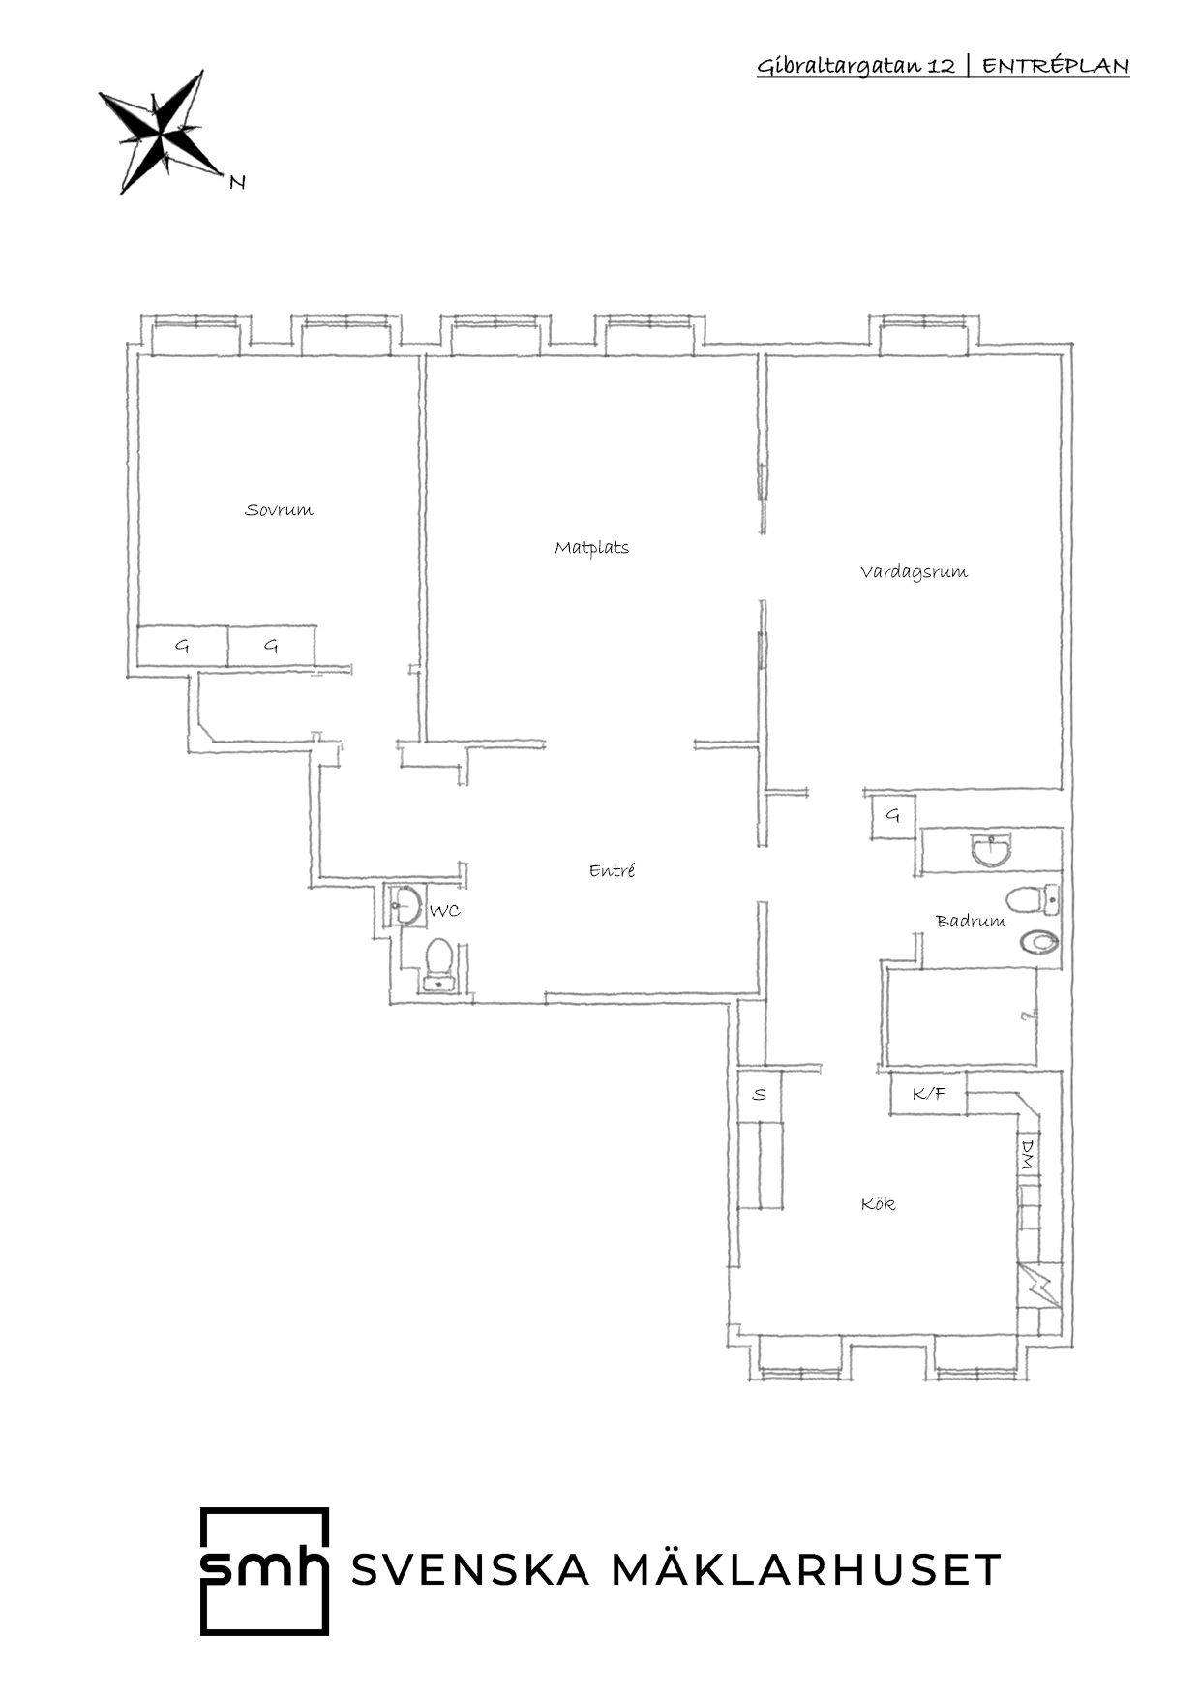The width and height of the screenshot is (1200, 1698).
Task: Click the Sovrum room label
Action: click(x=279, y=510)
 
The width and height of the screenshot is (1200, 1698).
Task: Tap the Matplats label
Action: click(x=591, y=548)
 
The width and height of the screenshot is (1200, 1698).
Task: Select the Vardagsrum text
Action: click(x=914, y=572)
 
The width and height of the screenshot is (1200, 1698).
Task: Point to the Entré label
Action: click(x=612, y=870)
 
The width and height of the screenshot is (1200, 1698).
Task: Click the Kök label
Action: click(x=878, y=1204)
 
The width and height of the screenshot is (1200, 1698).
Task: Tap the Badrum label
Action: click(x=971, y=921)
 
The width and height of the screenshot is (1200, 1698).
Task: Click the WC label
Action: click(x=444, y=911)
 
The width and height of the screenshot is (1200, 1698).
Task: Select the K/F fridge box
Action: click(x=928, y=1095)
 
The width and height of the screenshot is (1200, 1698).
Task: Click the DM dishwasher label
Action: click(x=1028, y=1154)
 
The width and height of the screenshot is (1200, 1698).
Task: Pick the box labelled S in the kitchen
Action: click(x=760, y=1095)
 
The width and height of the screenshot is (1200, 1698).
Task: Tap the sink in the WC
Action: click(x=404, y=906)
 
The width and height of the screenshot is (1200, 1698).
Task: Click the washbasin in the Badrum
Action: click(x=990, y=850)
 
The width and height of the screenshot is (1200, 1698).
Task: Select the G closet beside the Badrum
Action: click(x=892, y=816)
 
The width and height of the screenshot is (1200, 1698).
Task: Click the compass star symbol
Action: click(x=162, y=131)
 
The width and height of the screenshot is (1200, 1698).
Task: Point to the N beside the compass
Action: click(x=237, y=181)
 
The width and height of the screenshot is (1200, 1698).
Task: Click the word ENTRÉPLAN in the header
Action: click(x=1056, y=66)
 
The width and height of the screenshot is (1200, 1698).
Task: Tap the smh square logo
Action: click(x=264, y=1570)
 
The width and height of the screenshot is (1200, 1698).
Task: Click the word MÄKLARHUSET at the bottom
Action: click(x=805, y=1569)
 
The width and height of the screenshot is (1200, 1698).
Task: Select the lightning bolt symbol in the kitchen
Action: click(x=1038, y=1287)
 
